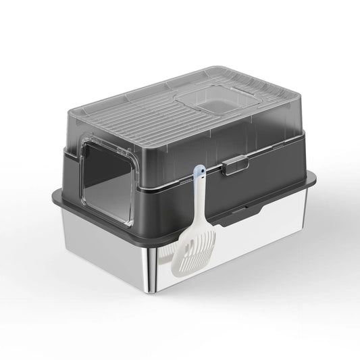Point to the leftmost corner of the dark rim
pos(53,197)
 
